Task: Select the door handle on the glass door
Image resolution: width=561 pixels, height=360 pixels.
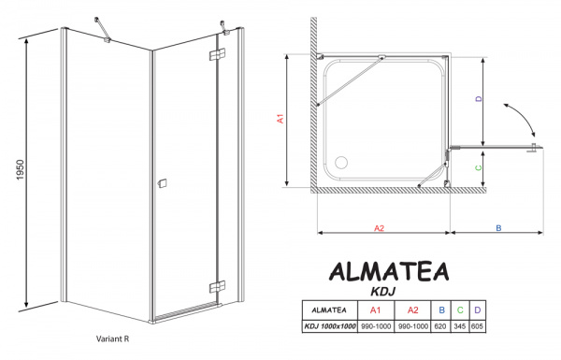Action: click(163, 183)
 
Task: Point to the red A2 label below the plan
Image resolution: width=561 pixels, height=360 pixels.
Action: click(381, 227)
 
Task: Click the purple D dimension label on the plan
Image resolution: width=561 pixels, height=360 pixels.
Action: click(479, 98)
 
